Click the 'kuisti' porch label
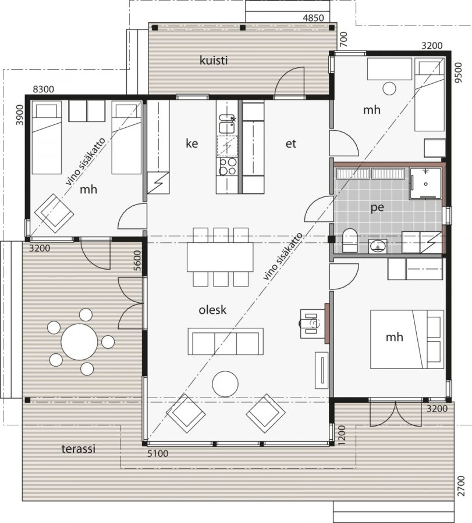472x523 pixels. [214, 60]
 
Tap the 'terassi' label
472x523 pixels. [79, 449]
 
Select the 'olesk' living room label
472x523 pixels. [212, 310]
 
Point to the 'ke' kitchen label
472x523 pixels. [191, 144]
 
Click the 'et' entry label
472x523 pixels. [291, 144]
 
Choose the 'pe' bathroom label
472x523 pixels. [377, 207]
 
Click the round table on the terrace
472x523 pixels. [79, 342]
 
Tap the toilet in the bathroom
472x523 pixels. [350, 240]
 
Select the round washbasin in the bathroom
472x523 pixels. [378, 247]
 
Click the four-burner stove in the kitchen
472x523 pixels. [227, 167]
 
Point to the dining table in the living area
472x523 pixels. [220, 257]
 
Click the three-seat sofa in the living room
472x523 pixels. [225, 342]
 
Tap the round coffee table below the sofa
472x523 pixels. [225, 384]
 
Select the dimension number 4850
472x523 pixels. [313, 17]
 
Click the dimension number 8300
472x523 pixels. [44, 89]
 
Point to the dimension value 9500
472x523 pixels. [460, 73]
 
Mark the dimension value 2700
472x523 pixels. [461, 486]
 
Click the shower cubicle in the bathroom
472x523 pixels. [425, 183]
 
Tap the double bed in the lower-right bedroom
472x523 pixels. [407, 339]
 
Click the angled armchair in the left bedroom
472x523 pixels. [55, 213]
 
